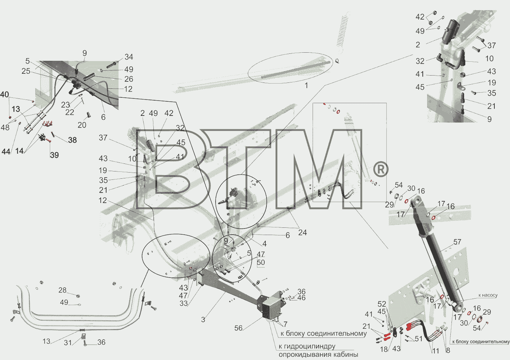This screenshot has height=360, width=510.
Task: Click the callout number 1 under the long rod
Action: [x=306, y=86]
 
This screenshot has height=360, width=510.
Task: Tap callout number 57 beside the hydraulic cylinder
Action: [x=457, y=242]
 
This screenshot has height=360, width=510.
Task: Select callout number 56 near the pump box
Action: [x=238, y=328]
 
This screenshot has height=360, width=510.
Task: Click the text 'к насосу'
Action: [x=488, y=295]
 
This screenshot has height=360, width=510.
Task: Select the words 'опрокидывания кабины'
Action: [x=318, y=355]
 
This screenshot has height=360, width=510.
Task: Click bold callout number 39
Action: [x=55, y=155]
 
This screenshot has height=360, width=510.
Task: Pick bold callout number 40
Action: [x=5, y=94]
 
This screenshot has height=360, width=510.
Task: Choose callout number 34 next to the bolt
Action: [x=129, y=57]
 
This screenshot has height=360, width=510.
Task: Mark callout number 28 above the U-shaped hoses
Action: [x=63, y=290]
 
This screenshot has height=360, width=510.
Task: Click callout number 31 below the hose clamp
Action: [x=68, y=343]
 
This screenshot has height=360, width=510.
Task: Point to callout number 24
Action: [x=302, y=232]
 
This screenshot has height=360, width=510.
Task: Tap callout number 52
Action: [x=382, y=304]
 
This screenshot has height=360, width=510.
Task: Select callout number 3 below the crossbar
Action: [x=203, y=319]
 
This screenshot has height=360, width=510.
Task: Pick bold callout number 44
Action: [x=6, y=151]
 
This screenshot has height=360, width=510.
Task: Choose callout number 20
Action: [x=82, y=125]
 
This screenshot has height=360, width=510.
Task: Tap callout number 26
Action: [x=129, y=79]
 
